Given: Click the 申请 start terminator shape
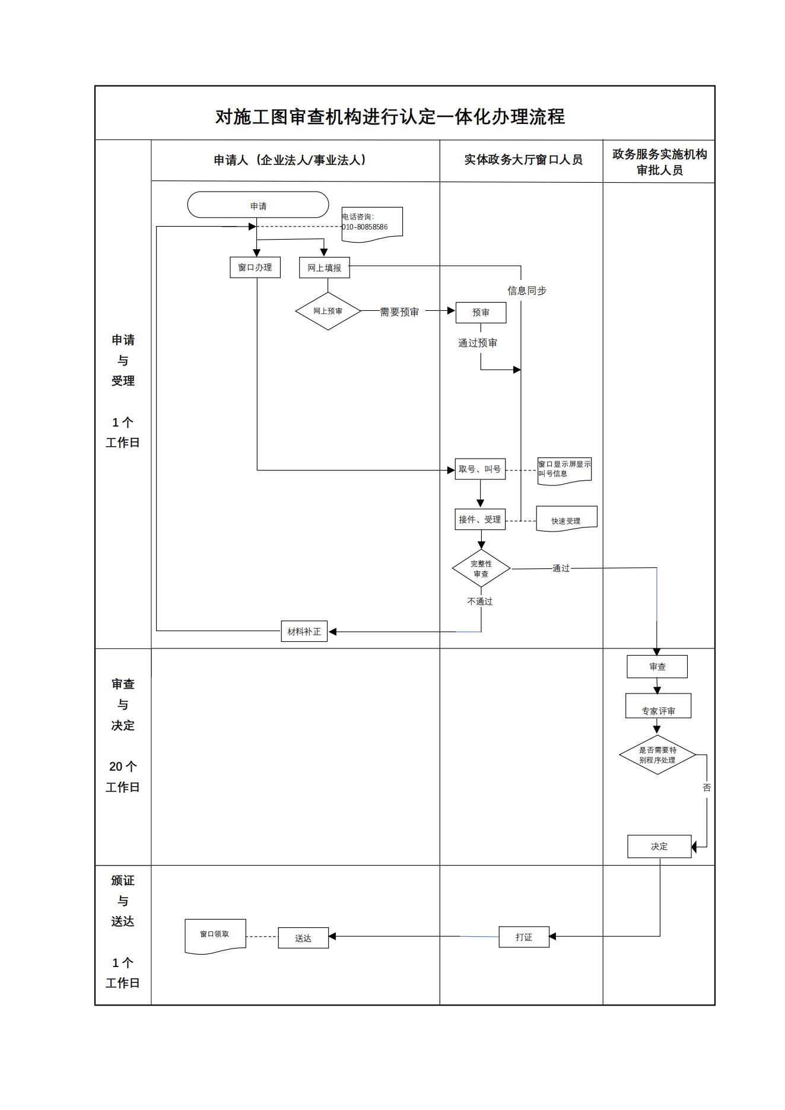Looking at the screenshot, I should tap(258, 205).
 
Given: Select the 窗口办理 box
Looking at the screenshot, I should tap(255, 268).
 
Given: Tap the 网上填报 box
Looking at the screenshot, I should tap(325, 268).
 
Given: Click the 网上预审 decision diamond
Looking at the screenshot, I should tap(328, 311).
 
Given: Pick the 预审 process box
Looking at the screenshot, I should tap(481, 313).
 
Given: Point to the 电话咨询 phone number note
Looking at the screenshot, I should tap(372, 223).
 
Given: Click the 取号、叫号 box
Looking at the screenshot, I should tap(480, 469).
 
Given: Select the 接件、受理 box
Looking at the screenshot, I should tap(480, 520).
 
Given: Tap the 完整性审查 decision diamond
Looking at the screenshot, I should tap(481, 568).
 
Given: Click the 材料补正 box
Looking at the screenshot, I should tap(304, 631).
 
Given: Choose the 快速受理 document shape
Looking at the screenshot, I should tap(566, 520).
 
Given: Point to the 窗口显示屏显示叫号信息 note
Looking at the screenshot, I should tap(564, 470).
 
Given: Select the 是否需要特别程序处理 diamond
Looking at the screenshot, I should tap(657, 755).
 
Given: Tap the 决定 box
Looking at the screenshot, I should tap(659, 847).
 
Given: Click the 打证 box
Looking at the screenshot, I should tap(524, 937).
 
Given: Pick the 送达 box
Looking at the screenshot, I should tap(303, 938).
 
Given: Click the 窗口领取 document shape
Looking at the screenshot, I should tap(215, 935).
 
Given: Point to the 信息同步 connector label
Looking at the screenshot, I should tap(527, 291).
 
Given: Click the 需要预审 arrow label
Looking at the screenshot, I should tap(399, 312).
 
